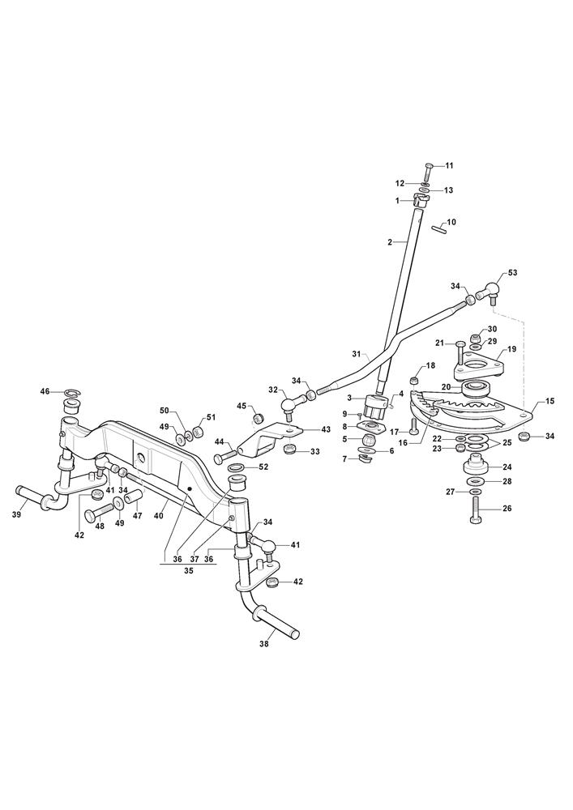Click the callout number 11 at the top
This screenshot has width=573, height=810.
[449, 166]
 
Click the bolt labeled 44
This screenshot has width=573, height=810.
[224, 455]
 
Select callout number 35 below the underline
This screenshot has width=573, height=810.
[188, 571]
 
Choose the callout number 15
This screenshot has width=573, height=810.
[549, 401]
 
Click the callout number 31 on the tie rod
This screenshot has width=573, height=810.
[356, 354]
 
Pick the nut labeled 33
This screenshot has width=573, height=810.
[293, 448]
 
